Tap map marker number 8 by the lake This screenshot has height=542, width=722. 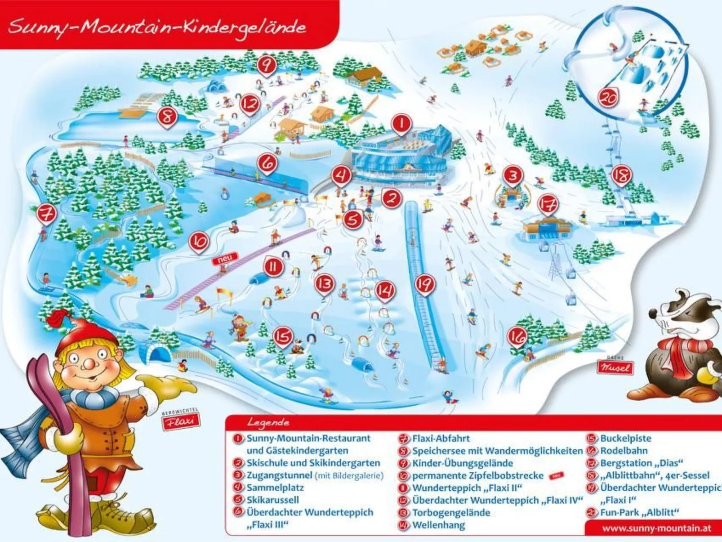167,117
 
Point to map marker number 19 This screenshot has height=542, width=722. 424,284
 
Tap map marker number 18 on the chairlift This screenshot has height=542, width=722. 621,176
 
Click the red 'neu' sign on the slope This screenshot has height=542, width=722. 225,260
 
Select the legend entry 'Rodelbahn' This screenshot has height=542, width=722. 624,451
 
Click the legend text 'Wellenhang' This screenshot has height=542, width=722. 438,525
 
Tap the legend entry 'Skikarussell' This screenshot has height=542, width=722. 272,500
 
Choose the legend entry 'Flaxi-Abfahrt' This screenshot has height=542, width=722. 441,439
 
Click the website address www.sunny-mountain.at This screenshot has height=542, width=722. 656,528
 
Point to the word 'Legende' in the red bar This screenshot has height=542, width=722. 268,423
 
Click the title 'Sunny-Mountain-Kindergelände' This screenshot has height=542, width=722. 157,27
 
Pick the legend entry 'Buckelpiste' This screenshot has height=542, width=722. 625,439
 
